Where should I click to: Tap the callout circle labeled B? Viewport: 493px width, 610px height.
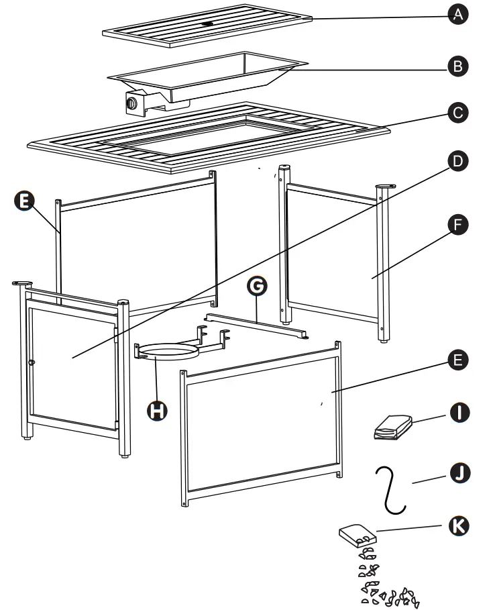pos(458,65)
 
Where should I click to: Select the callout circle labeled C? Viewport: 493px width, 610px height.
pos(458,113)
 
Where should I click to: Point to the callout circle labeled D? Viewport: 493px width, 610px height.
pos(458,161)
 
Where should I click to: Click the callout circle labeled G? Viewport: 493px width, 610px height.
pos(256,287)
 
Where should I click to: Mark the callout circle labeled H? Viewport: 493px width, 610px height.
pos(157,410)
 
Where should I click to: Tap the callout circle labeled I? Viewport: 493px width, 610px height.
pos(458,411)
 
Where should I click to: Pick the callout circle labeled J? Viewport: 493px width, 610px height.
pos(458,473)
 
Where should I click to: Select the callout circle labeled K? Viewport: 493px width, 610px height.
pos(458,525)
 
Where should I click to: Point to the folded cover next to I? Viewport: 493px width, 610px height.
pos(392,427)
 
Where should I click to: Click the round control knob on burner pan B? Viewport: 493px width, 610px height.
pos(132,104)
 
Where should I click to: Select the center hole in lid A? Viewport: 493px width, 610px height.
pos(208,25)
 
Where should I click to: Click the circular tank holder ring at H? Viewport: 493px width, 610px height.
pos(168,353)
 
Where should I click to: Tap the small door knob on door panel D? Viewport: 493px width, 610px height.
pos(32,362)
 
